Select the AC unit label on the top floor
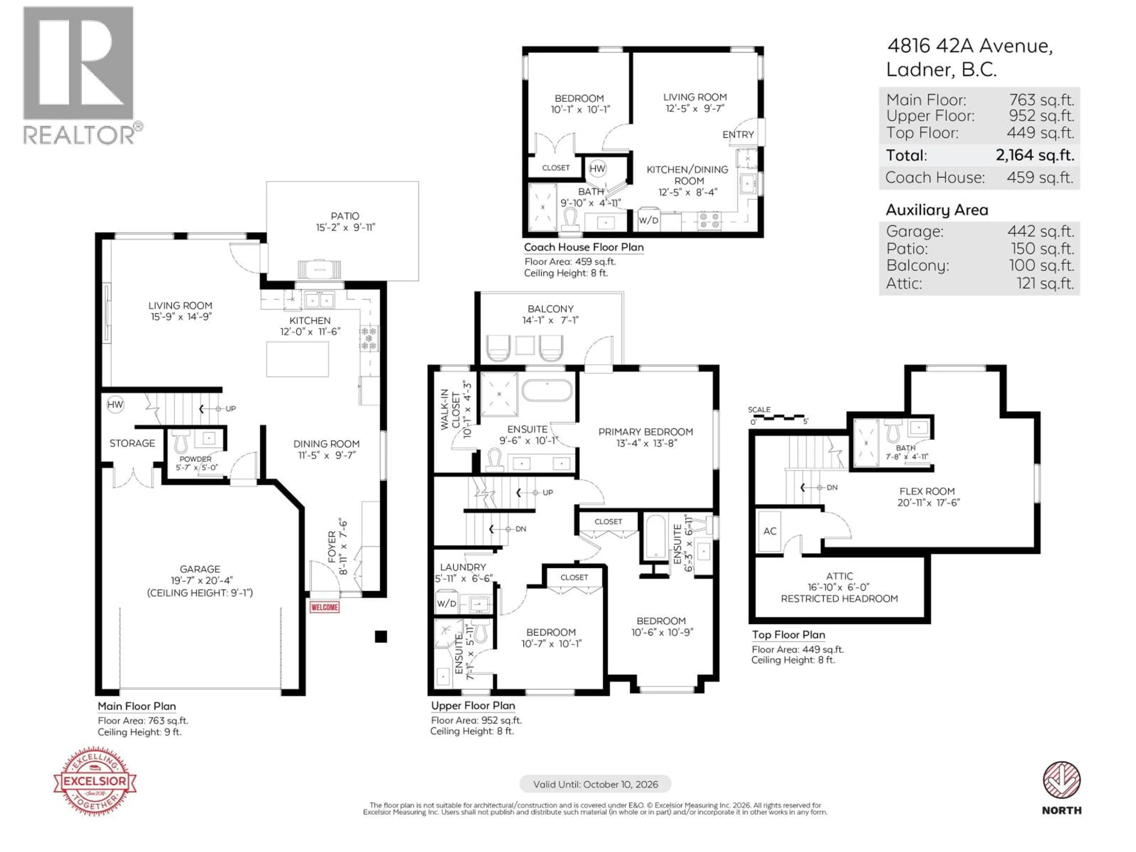769,531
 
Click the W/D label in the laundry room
446,603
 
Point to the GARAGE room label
200,569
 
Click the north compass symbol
1061,781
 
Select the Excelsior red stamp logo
95,781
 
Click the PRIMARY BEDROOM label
646,432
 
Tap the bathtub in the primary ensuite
547,391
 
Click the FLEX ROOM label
927,491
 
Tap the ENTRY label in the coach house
738,135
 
